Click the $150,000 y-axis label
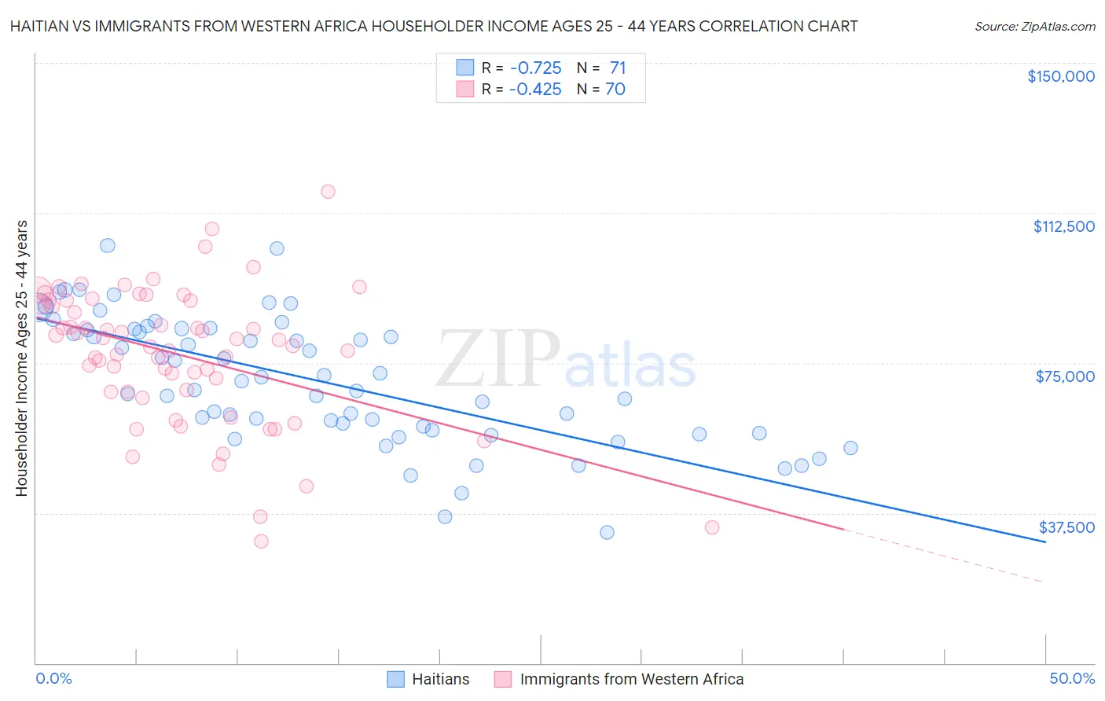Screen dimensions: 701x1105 coord(1060,76)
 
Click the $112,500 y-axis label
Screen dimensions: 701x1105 coord(1063,226)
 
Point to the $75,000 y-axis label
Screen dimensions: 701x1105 coord(1065,376)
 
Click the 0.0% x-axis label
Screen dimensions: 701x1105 coord(53,678)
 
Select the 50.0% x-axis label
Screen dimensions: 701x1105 coord(1072,678)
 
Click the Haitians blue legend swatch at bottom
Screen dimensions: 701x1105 coord(395,679)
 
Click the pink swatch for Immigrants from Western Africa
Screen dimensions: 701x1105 coord(503,679)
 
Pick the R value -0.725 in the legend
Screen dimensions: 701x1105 coord(535,68)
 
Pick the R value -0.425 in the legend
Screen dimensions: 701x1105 coord(535,89)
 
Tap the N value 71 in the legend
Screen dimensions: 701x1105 coord(617,68)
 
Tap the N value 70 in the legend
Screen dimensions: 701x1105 coord(615,89)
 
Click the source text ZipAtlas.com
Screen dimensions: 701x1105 coord(1034,26)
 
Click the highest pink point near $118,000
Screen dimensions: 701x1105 coord(328,192)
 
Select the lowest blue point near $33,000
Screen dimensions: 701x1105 coord(607,532)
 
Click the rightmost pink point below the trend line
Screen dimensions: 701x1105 coord(712,527)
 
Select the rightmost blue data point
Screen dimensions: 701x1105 coord(850,448)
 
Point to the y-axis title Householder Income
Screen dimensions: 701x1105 coord(21,358)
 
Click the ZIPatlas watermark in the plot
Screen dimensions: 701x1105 coord(566,358)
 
